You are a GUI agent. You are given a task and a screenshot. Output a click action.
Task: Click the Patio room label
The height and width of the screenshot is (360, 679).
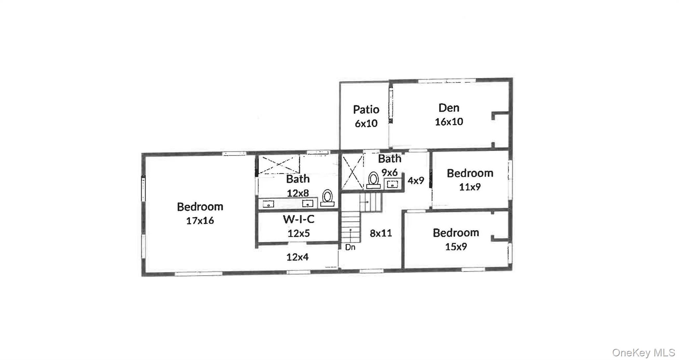click(366, 109)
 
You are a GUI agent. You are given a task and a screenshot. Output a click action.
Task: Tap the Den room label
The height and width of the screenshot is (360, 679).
click(449, 108)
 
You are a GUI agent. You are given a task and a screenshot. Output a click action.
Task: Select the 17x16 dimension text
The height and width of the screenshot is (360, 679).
click(200, 221)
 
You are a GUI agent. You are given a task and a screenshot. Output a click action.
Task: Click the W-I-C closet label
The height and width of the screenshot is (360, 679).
click(298, 219)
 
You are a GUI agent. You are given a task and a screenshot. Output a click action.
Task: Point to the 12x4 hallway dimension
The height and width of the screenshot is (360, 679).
click(297, 257)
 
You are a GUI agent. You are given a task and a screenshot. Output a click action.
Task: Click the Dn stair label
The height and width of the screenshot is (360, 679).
click(350, 247)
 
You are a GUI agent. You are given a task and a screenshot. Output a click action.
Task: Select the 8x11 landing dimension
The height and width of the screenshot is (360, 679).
click(381, 233)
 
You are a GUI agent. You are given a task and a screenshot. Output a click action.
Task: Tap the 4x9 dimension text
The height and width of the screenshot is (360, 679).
click(416, 181)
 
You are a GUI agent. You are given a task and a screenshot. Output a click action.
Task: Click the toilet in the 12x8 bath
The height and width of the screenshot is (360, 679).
click(327, 198)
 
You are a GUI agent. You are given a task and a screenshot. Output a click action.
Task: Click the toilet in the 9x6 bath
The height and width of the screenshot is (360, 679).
click(374, 180)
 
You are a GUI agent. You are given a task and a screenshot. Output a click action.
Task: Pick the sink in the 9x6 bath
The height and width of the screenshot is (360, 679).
click(393, 184)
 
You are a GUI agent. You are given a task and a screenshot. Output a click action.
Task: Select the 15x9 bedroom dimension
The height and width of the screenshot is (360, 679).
click(456, 247)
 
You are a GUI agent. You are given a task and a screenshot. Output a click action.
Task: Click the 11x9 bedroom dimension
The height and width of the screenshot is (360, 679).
click(470, 187)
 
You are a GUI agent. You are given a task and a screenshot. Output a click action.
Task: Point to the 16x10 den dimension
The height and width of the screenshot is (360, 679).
click(449, 122)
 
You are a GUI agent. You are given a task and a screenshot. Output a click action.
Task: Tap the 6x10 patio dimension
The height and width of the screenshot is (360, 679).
click(366, 124)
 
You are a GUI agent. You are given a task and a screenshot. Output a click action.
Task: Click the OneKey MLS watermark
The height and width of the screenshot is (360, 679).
click(643, 352)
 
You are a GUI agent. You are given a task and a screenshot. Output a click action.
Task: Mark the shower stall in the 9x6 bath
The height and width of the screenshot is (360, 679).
click(352, 172)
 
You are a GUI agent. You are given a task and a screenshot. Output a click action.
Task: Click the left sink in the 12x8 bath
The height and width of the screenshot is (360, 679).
click(268, 204)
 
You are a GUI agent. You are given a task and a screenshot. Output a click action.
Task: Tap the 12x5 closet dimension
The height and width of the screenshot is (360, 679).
click(298, 233)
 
